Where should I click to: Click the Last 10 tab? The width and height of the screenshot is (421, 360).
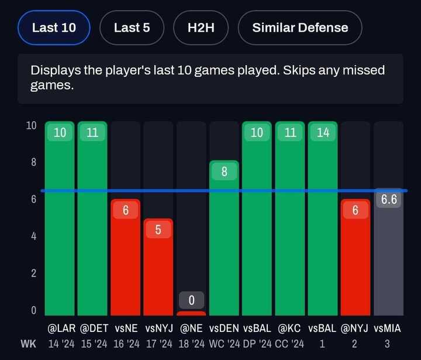click(54, 28)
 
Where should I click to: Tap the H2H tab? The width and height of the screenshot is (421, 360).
click(201, 28)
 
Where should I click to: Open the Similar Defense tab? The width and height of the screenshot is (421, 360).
click(300, 28)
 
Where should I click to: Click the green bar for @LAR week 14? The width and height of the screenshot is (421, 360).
click(60, 222)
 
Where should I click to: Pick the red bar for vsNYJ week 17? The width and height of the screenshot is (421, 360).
click(158, 269)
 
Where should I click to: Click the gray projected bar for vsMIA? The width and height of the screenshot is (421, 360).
click(388, 258)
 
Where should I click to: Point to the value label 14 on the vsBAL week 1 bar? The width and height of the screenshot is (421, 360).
click(323, 133)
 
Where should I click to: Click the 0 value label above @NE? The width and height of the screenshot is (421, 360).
click(191, 301)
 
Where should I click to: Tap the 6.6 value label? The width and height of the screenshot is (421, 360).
click(389, 200)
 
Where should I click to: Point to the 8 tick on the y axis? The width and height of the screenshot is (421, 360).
click(33, 163)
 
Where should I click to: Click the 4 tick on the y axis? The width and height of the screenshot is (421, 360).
click(33, 236)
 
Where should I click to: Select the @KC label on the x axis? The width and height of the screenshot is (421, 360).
click(290, 329)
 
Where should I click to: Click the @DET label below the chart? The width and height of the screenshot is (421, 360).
click(92, 329)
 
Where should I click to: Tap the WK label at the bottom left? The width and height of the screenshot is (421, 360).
click(27, 344)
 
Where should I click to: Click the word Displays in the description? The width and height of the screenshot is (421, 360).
click(52, 71)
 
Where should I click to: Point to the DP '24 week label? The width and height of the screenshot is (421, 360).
click(257, 344)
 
